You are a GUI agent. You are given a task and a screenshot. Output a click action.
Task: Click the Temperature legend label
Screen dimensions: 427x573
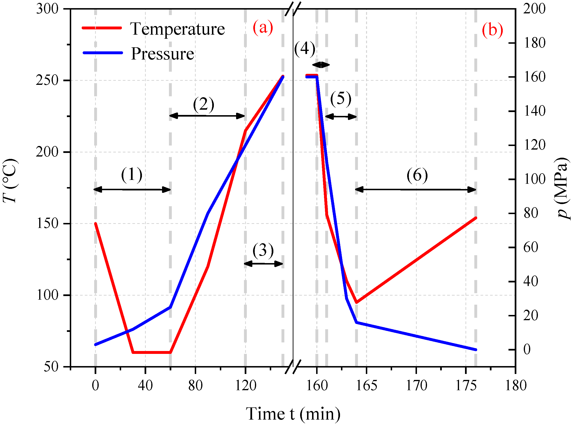point(177,29)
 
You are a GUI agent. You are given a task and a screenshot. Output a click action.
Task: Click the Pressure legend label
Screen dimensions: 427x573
point(162,54)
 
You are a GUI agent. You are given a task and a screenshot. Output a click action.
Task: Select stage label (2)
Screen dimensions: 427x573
point(204,104)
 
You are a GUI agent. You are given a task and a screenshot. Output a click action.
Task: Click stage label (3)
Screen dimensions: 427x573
point(263,250)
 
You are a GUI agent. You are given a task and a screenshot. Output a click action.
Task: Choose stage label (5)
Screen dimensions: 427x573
point(341,99)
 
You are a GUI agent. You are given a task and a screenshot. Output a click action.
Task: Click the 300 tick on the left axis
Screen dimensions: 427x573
point(47,9)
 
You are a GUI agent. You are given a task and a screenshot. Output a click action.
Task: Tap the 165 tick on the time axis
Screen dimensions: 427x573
point(366,386)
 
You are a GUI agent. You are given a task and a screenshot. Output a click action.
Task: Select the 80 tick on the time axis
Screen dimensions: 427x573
point(195,386)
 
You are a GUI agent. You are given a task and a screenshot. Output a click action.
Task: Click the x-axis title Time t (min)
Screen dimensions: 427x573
point(293,414)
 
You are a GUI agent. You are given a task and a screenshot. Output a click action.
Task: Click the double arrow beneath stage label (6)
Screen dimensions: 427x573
point(415,190)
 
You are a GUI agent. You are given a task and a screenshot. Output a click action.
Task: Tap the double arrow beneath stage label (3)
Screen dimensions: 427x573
point(263,264)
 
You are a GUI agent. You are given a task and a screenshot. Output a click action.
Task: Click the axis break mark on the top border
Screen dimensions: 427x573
point(293,9)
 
